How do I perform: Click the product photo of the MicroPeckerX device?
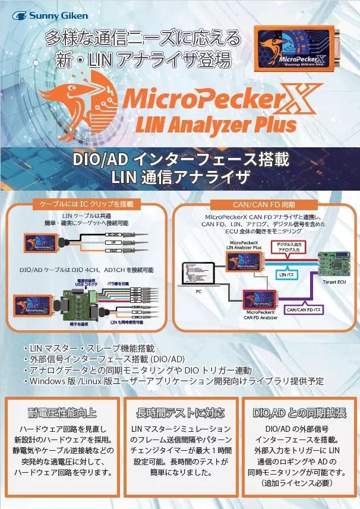(297, 53)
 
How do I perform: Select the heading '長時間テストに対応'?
(180, 413)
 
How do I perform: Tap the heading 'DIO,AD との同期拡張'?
(299, 413)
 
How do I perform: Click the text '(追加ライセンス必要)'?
(300, 484)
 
